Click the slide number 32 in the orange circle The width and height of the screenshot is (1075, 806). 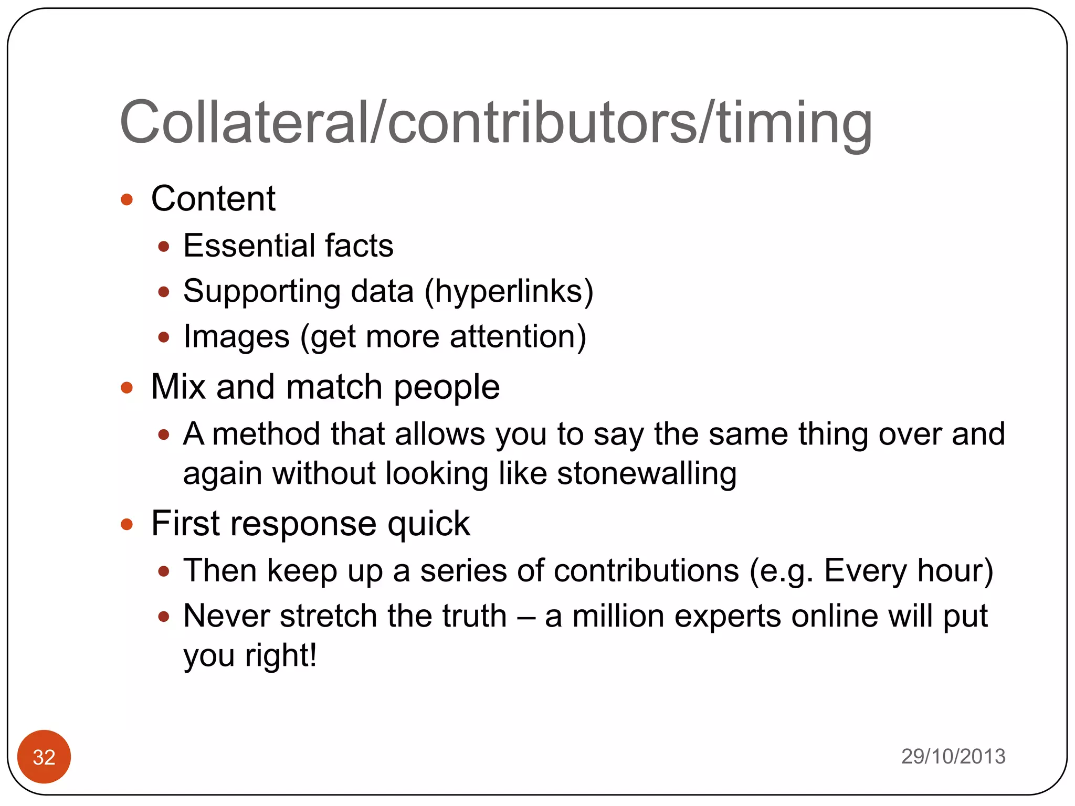coord(44,757)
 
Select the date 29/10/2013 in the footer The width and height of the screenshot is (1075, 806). coord(953,756)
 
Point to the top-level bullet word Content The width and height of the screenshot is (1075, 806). coord(213,199)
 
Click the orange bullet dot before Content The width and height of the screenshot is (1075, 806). coord(127,199)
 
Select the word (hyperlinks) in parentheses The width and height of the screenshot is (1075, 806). coord(509,292)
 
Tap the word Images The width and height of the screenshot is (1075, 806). coord(236,337)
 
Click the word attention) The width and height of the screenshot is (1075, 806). coord(518,337)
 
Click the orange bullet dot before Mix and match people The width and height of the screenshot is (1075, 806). coord(127,388)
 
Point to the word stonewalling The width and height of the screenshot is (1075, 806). coord(647,474)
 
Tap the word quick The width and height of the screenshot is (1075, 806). coord(428,524)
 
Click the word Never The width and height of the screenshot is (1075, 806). coord(227,616)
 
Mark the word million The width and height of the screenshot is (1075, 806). coord(618,616)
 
